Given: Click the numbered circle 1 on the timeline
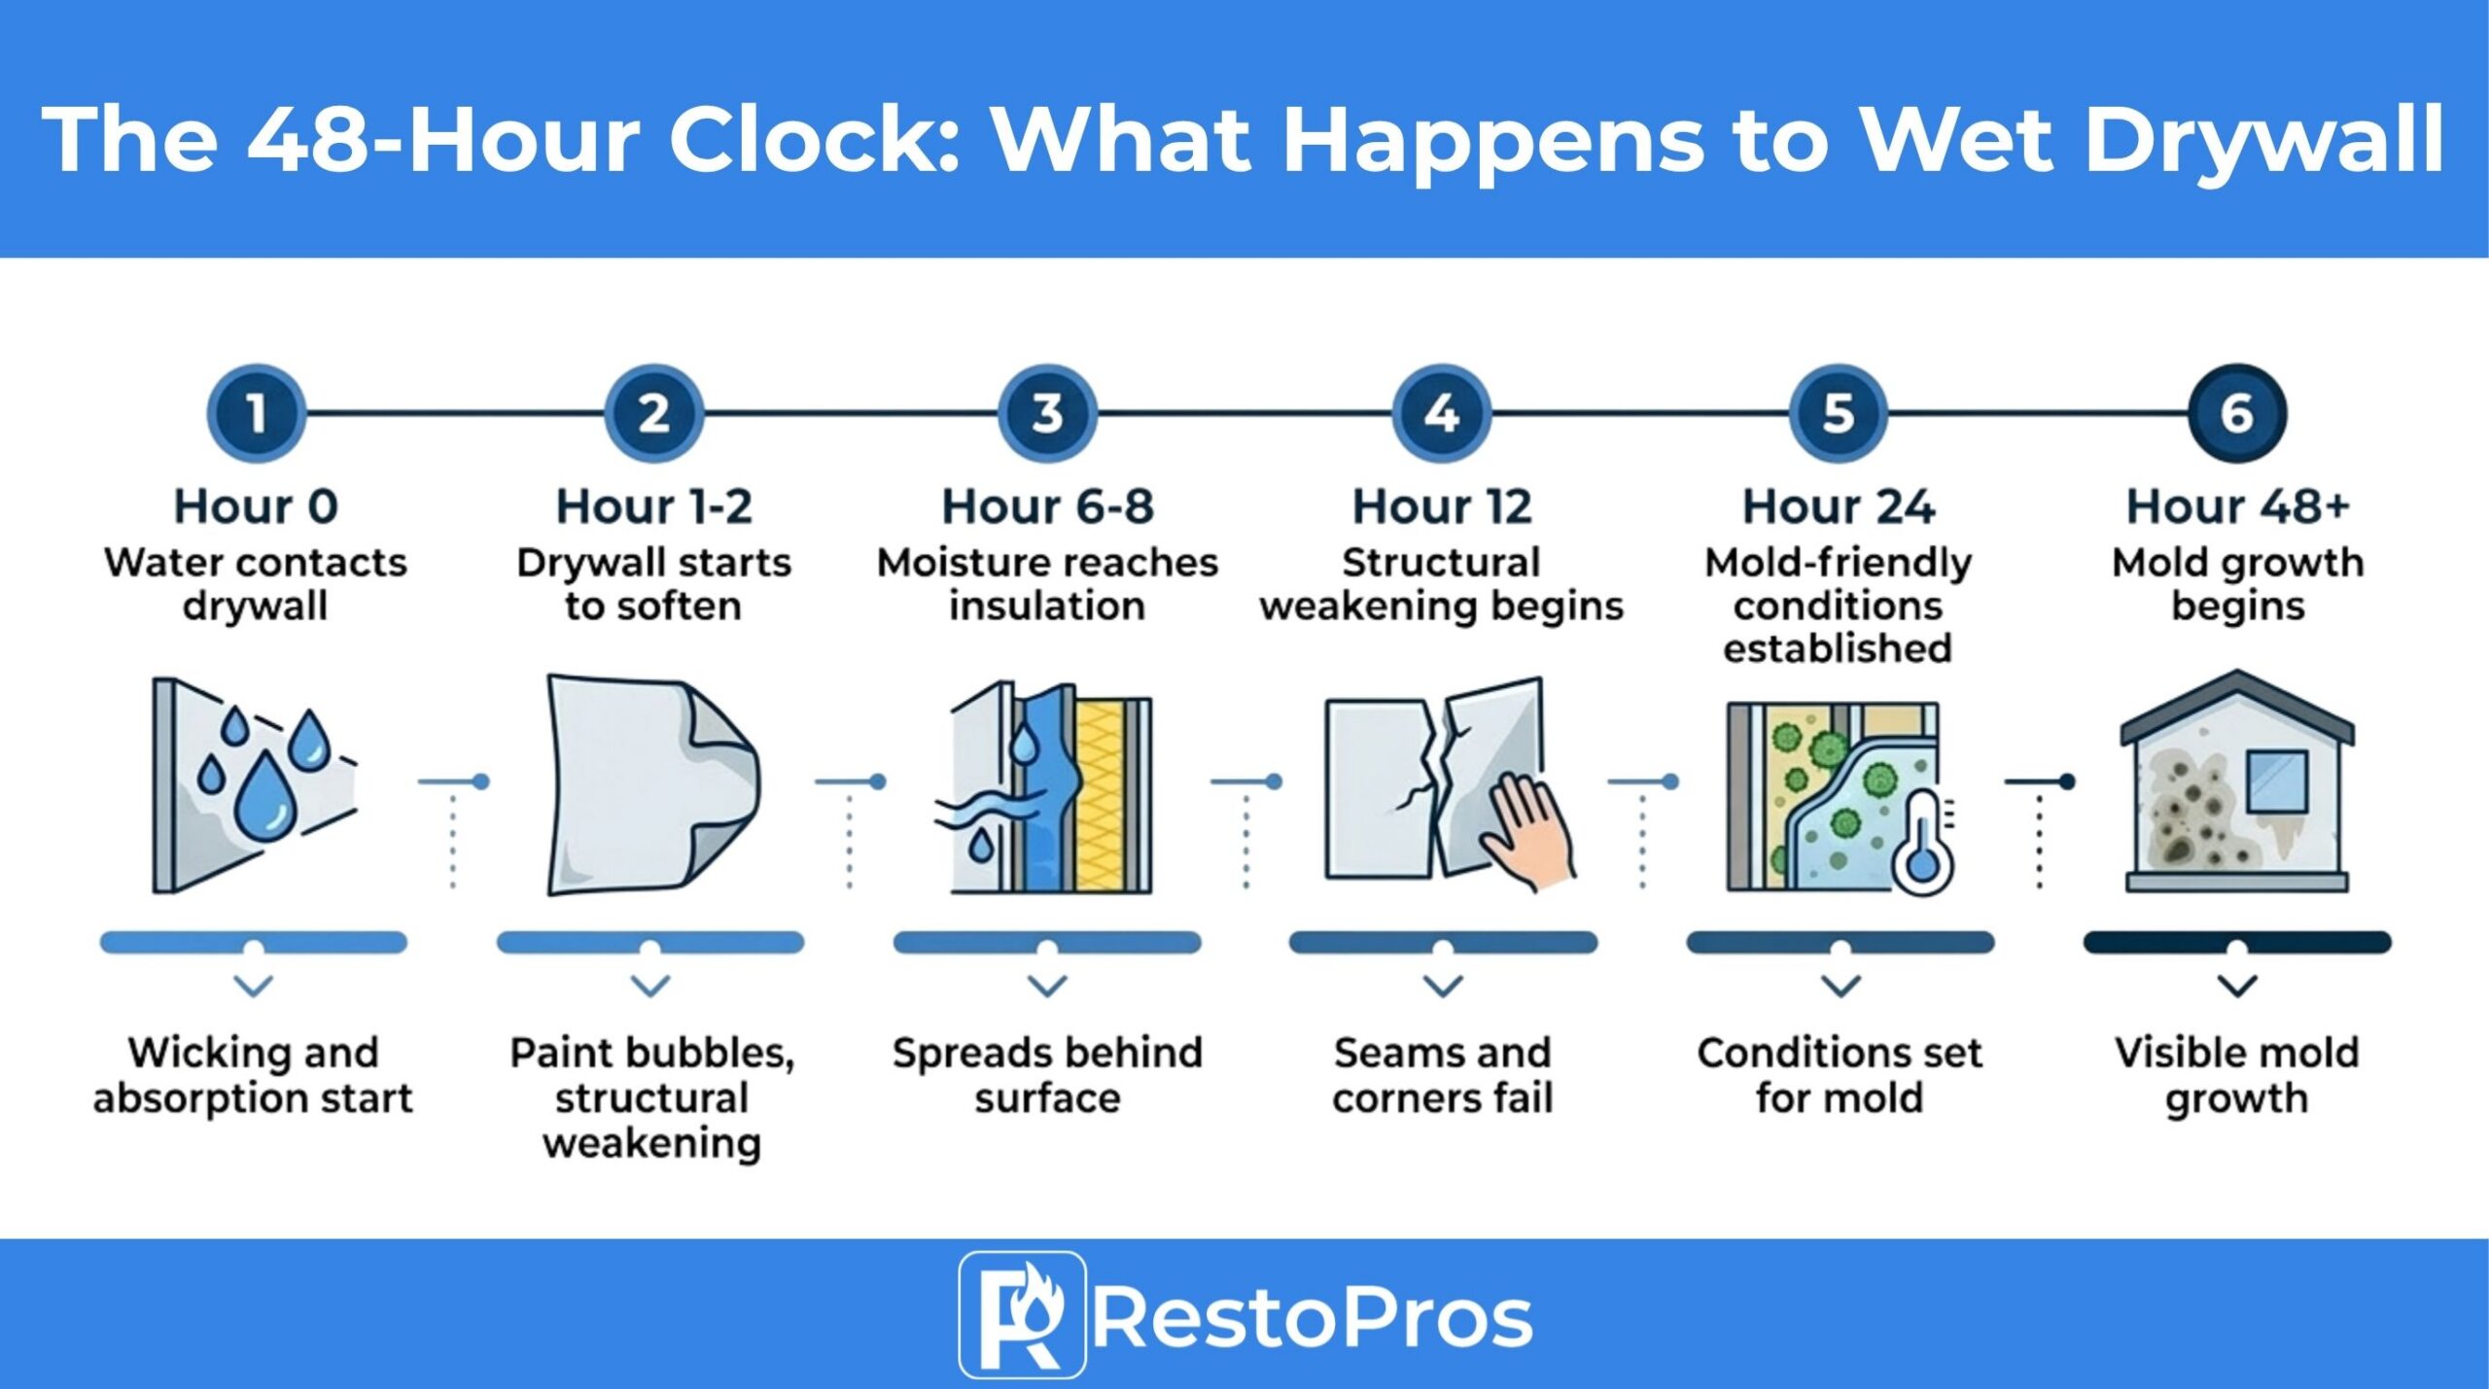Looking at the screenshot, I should (256, 413).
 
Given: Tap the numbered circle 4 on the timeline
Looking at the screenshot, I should (1442, 413).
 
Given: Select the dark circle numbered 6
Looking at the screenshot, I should (2237, 413).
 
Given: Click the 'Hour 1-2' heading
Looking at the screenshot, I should (653, 506).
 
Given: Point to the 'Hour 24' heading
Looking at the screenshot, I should (1839, 506).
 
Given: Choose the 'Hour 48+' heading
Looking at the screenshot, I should (2237, 506).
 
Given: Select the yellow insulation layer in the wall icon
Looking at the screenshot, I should (1102, 793).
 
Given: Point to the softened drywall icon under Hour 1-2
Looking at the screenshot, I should (651, 783).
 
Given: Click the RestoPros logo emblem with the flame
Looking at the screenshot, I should (1021, 1314).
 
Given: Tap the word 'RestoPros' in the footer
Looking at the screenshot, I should (1313, 1318).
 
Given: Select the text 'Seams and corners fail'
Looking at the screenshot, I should (1443, 1075).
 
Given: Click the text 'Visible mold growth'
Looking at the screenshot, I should (2236, 1075).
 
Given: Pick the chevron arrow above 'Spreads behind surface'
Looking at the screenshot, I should (1047, 987).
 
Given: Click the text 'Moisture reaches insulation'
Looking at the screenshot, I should (1047, 583).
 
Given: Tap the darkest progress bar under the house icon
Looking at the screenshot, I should (2236, 941).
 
